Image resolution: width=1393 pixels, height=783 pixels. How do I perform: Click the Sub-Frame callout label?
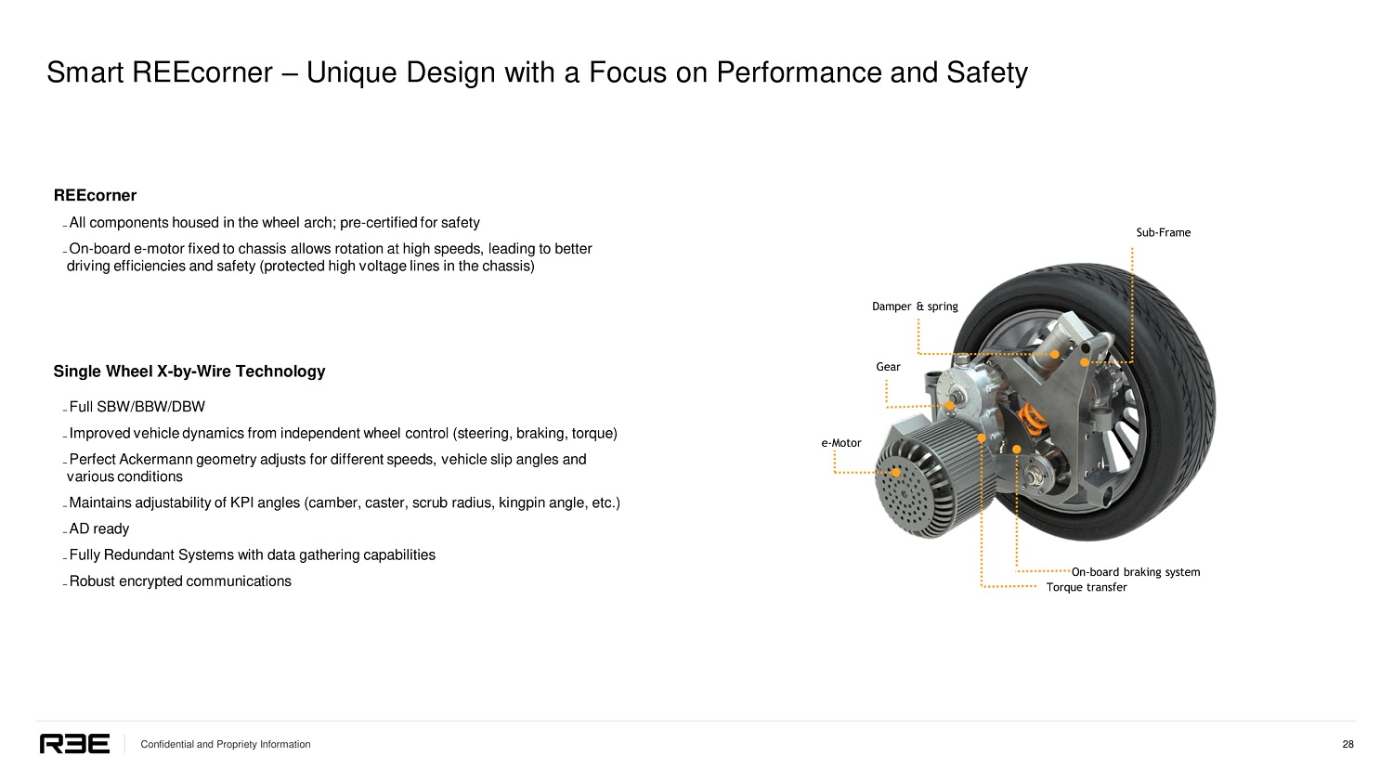[x=1163, y=232]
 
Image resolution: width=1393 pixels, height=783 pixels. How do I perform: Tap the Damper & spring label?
[x=915, y=307]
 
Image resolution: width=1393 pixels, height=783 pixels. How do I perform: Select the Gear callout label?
[x=888, y=367]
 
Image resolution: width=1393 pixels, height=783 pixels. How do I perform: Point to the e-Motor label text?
[x=841, y=443]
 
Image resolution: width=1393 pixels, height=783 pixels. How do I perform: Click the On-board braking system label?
[x=1135, y=572]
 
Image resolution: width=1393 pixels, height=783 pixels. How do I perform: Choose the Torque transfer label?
[x=1086, y=587]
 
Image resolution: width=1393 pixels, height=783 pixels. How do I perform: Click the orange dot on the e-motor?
[x=896, y=472]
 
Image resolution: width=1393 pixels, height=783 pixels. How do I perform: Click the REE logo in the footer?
[x=74, y=744]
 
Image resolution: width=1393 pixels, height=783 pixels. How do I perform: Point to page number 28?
[x=1347, y=744]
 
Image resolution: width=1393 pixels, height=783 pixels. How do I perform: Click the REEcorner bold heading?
[x=95, y=195]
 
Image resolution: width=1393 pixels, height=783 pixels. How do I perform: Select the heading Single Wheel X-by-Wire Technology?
[x=189, y=372]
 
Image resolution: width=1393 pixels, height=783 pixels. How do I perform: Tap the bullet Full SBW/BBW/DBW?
[x=137, y=407]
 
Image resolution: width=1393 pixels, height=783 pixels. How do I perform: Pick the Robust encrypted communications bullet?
[x=180, y=581]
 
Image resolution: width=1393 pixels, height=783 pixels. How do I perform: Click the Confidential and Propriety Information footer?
[x=225, y=744]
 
